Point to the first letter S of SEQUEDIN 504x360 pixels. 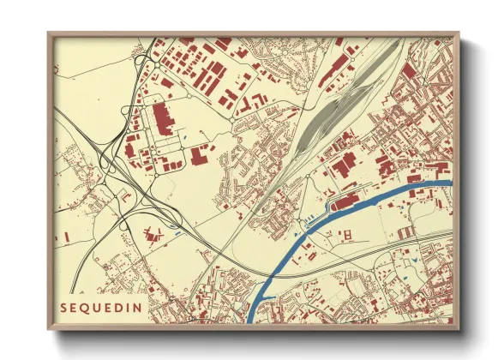tap(64, 307)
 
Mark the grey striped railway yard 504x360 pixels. tap(339, 111)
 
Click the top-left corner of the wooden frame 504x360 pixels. tap(50, 34)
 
